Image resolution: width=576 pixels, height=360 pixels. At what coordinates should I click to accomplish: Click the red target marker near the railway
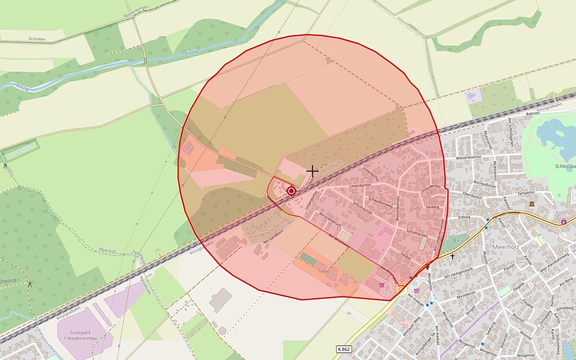291,191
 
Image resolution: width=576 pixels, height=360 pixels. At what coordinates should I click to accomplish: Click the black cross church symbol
452,257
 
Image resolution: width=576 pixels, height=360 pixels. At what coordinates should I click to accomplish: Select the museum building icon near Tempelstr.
531,204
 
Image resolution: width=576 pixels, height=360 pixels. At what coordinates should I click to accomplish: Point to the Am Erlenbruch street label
330,219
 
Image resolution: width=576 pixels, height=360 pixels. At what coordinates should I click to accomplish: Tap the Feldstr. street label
406,257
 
